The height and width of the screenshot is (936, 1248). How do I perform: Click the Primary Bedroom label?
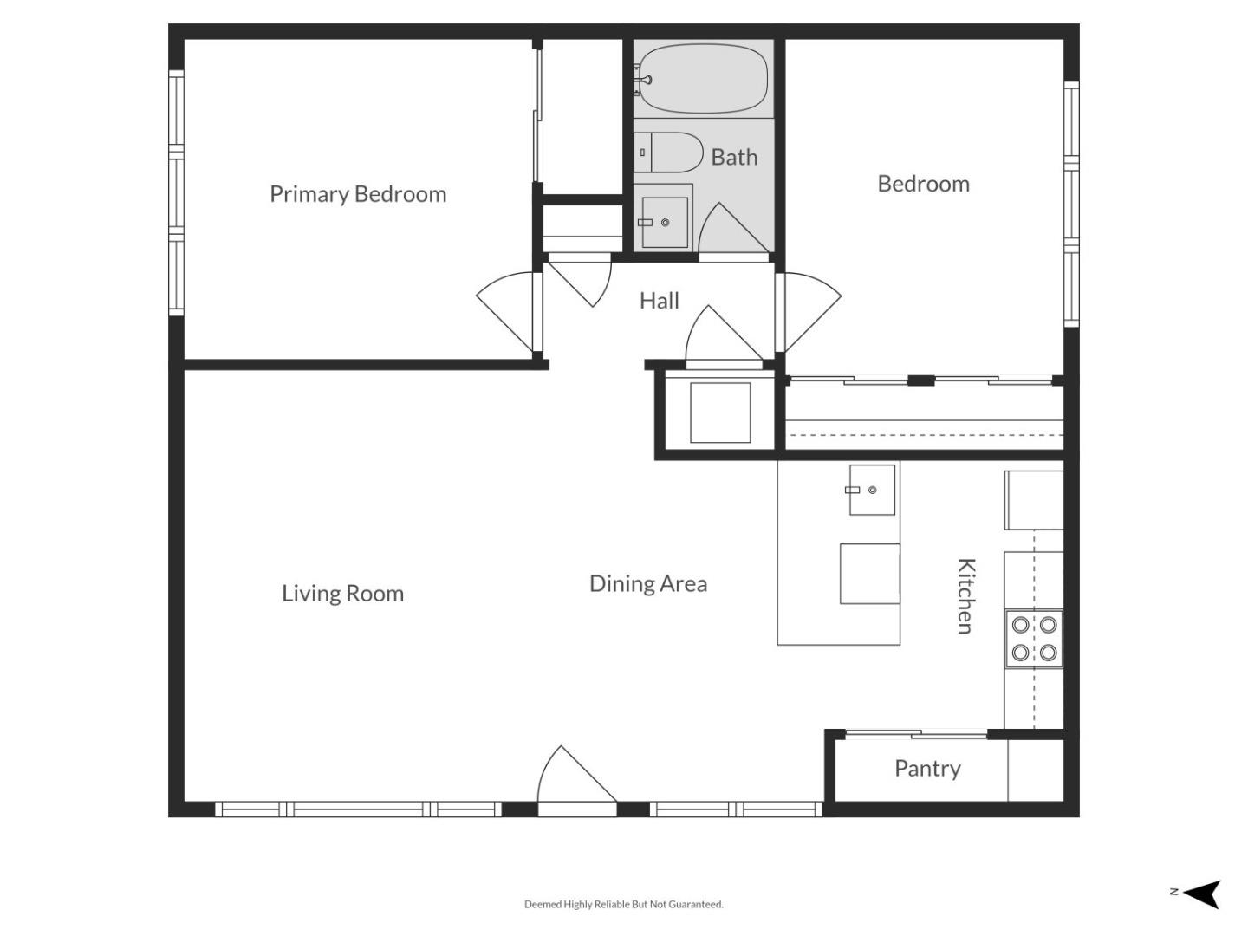click(x=357, y=194)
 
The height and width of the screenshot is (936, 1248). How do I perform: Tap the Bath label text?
click(x=734, y=157)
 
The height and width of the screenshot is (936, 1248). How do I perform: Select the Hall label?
click(x=659, y=301)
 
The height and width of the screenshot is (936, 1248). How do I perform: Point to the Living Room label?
click(x=342, y=594)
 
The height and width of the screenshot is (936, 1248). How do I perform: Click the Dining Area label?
click(x=647, y=583)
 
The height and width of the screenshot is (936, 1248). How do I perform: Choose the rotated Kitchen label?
click(x=965, y=595)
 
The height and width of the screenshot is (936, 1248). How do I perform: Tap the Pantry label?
click(x=926, y=769)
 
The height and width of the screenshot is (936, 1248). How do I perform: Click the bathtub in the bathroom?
click(x=703, y=78)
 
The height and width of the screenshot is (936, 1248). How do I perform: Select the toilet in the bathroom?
click(x=667, y=153)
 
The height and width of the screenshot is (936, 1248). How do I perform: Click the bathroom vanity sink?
click(x=664, y=222)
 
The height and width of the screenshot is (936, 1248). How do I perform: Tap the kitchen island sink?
click(x=871, y=490)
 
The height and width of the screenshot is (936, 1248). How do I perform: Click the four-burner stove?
click(x=1034, y=638)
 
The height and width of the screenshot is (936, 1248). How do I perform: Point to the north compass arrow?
click(x=1201, y=894)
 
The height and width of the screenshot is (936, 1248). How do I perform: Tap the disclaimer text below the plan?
click(x=623, y=904)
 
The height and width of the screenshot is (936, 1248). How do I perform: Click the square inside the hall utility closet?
click(x=719, y=412)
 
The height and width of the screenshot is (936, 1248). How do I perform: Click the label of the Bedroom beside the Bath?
click(x=923, y=184)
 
